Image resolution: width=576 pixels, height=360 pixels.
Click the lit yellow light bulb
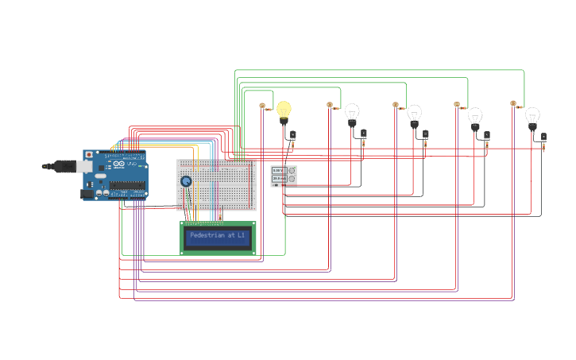[x=284, y=110]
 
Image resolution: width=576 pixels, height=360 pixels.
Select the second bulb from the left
[x=352, y=113]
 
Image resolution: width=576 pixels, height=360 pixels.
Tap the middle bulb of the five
[x=414, y=114]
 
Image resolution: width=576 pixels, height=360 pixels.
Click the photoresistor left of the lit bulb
[x=262, y=105]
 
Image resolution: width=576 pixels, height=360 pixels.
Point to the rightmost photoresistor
[x=513, y=103]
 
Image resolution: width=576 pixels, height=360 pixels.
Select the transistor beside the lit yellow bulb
[x=292, y=135]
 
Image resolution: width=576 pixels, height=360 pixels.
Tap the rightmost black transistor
[x=543, y=137]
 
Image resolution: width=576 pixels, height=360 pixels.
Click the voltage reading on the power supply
[x=277, y=170]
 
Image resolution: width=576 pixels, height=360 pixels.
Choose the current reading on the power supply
[x=277, y=179]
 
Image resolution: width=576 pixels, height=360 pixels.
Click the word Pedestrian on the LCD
[x=207, y=235]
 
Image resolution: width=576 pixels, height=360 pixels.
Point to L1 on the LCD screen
[x=241, y=235]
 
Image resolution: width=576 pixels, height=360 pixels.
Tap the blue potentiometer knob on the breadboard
[x=186, y=181]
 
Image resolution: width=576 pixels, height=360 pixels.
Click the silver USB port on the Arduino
[x=83, y=166]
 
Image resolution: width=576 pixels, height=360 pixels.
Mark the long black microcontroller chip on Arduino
[x=129, y=185]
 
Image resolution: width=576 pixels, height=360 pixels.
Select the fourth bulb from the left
[x=474, y=117]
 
